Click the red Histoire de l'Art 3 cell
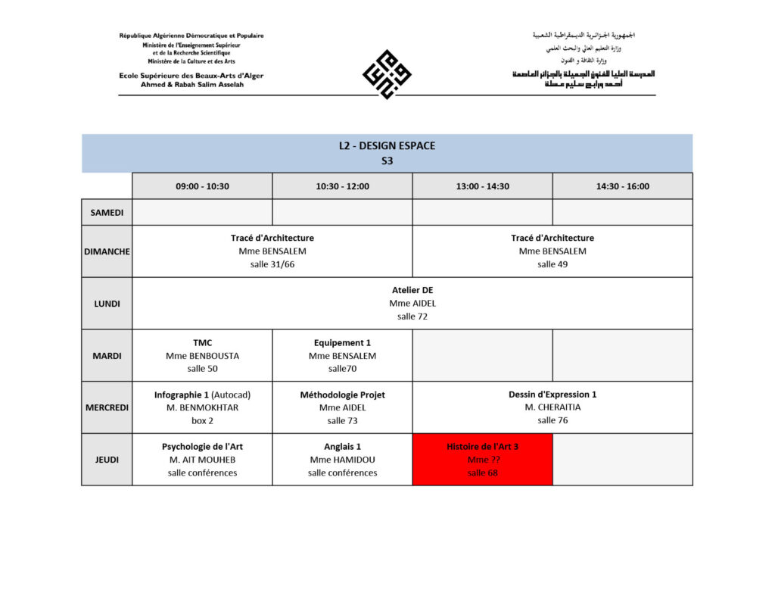click(x=482, y=460)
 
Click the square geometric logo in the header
click(x=387, y=74)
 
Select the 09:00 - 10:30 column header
click(x=202, y=186)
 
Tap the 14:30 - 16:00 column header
click(x=622, y=186)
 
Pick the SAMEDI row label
click(x=107, y=212)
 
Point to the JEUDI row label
click(x=107, y=460)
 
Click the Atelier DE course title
click(x=412, y=290)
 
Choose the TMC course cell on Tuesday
click(x=202, y=355)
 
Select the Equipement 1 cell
click(x=342, y=355)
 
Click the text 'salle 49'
click(x=552, y=264)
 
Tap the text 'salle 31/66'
click(x=272, y=264)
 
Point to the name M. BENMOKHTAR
click(x=202, y=407)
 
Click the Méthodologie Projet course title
click(x=342, y=395)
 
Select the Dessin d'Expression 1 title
click(x=552, y=395)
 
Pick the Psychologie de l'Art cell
click(x=202, y=460)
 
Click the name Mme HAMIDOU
click(x=342, y=460)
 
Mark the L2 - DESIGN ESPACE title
click(x=387, y=146)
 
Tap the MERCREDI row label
click(x=107, y=407)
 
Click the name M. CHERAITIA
click(x=552, y=407)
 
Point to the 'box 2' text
click(x=202, y=420)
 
